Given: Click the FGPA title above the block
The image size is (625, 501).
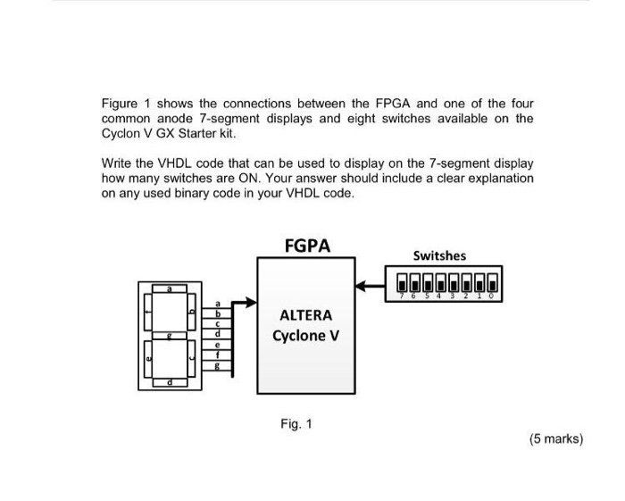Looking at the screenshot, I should [x=306, y=246].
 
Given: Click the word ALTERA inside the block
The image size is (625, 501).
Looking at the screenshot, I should [x=305, y=315].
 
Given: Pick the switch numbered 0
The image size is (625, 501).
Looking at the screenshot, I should [x=492, y=283].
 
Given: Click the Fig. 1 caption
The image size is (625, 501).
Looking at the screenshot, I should [x=296, y=423].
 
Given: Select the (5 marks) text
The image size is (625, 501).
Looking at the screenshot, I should [x=555, y=438].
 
